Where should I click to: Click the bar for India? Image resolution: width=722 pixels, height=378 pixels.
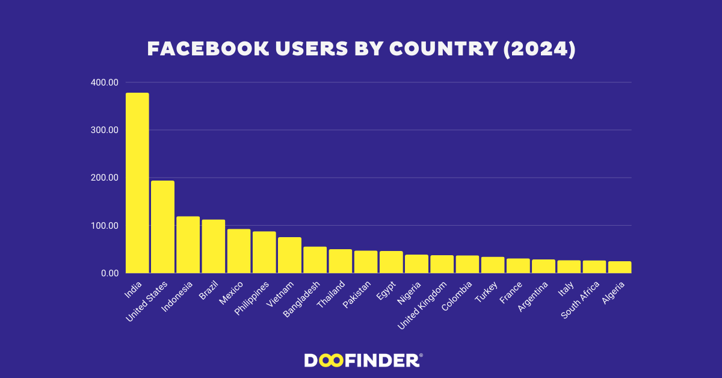coord(137,183)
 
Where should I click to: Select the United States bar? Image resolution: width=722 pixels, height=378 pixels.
coord(162,227)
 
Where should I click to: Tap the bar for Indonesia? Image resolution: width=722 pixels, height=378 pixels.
coord(188,245)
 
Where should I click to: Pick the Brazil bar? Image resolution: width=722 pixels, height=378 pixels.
coord(213,246)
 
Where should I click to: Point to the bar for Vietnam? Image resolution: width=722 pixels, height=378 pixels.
coord(289,255)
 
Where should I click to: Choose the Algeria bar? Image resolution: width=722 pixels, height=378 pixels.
coord(620,267)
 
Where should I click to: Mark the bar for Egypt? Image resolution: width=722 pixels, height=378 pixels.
coord(391,262)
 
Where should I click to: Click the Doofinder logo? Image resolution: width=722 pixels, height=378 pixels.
coord(363,360)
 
